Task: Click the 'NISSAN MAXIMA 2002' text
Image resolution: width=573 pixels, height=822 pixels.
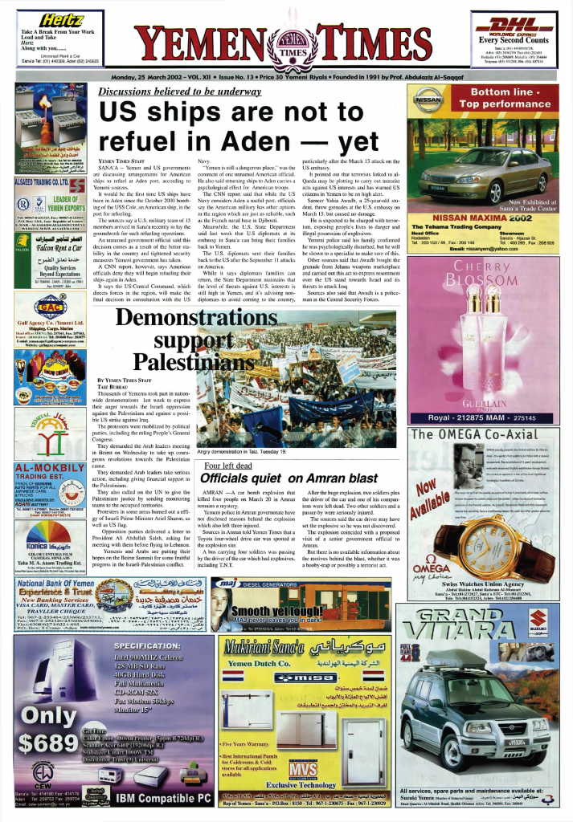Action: click(483, 218)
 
